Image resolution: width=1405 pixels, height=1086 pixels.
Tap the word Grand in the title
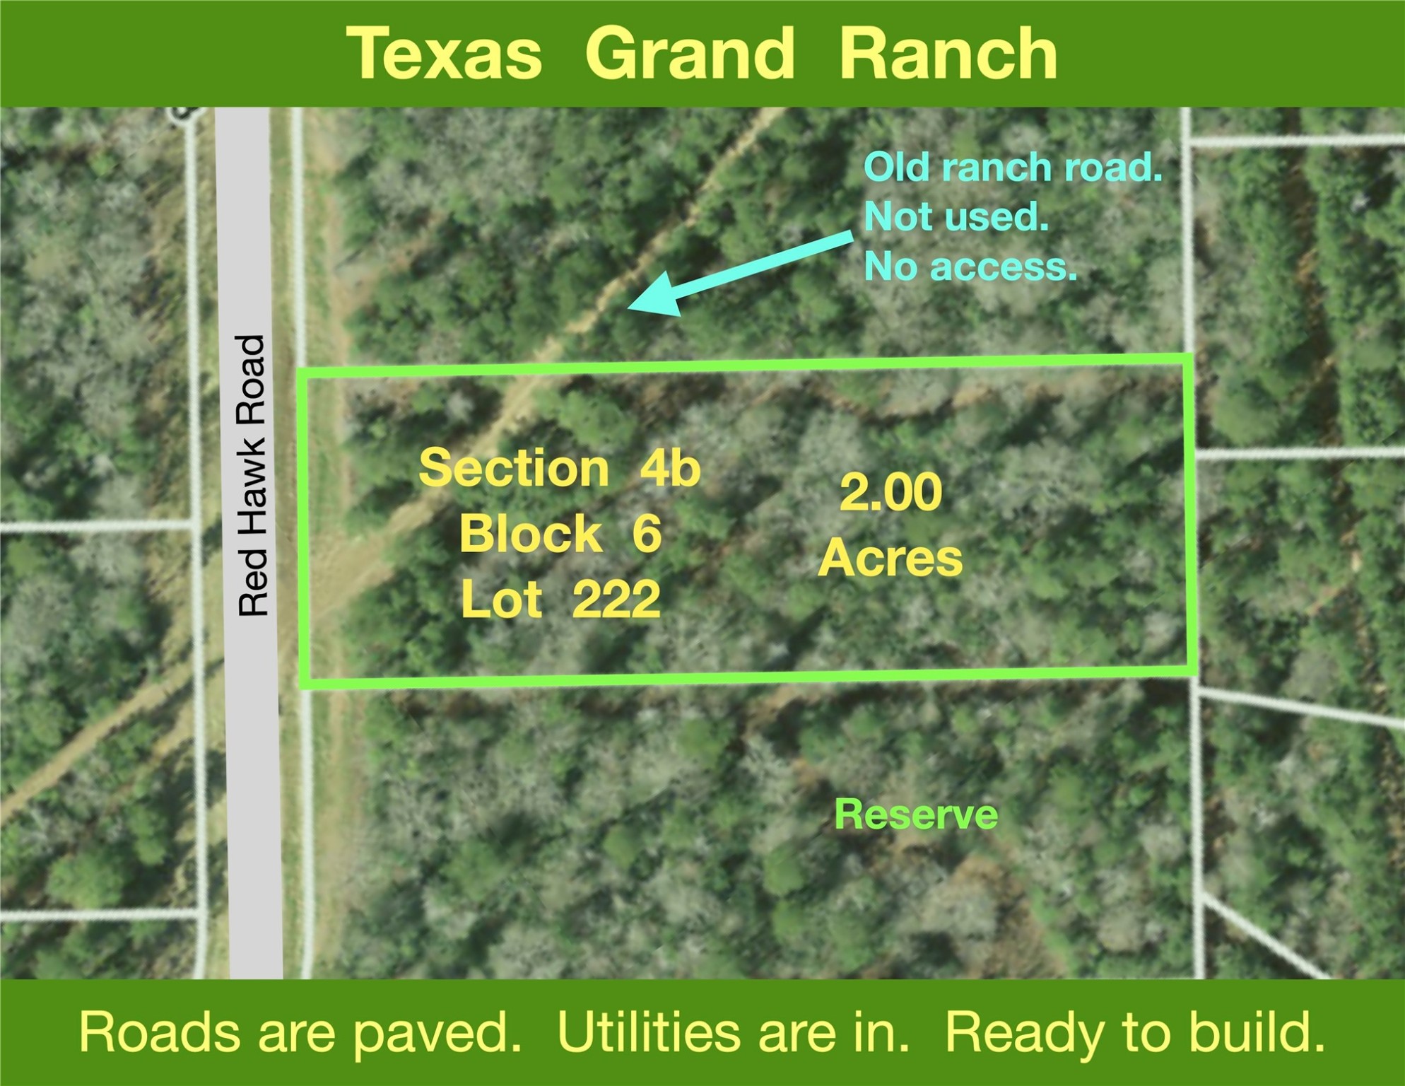pyautogui.click(x=690, y=54)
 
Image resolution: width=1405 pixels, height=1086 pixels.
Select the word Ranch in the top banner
pyautogui.click(x=948, y=54)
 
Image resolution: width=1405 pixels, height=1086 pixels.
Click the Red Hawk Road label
pyautogui.click(x=252, y=475)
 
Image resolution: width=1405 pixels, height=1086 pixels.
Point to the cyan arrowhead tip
pyautogui.click(x=628, y=308)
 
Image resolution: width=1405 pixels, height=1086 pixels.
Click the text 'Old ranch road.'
pyautogui.click(x=1013, y=168)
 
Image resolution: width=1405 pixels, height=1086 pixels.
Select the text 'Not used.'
pyautogui.click(x=956, y=216)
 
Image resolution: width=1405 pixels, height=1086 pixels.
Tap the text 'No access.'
pyautogui.click(x=970, y=267)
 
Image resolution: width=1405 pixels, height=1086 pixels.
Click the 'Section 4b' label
pyautogui.click(x=560, y=468)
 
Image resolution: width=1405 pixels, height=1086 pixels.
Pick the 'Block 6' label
pyautogui.click(x=560, y=533)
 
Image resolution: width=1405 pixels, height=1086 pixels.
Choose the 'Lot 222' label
pyautogui.click(x=560, y=599)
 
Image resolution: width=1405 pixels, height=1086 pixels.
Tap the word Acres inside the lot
pyautogui.click(x=890, y=558)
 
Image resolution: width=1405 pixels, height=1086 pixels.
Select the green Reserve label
pyautogui.click(x=916, y=814)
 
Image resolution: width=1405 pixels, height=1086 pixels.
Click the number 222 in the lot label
pyautogui.click(x=616, y=600)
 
